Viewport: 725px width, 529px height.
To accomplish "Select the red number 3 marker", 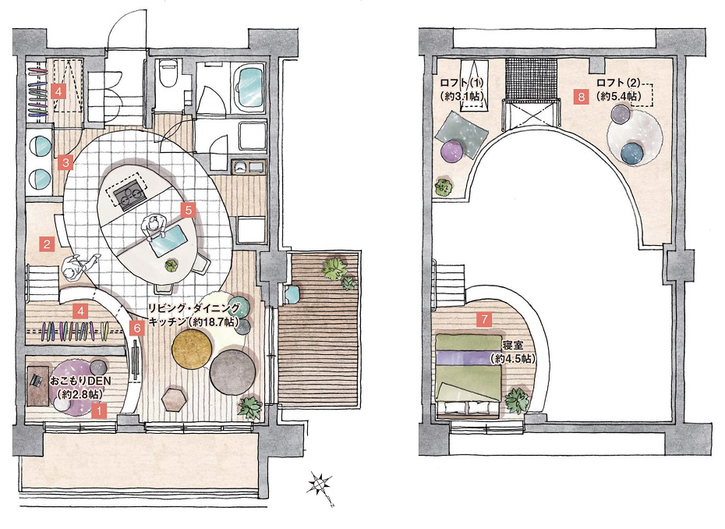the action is point(66,163).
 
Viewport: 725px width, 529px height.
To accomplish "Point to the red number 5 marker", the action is point(188,210).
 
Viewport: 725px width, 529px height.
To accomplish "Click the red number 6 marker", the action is point(137,328).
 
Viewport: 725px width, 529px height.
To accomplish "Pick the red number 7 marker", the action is point(485,319).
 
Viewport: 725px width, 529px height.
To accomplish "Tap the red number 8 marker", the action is point(582,97).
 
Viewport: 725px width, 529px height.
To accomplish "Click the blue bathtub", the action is point(250,87).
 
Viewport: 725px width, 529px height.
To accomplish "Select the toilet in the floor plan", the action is point(167,72).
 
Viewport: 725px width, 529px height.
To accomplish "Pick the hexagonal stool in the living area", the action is point(175,399).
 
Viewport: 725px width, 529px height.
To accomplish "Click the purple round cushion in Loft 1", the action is point(452,152).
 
